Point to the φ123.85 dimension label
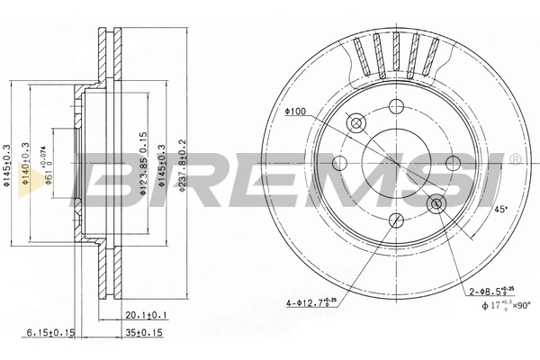point(142,167)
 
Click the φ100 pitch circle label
point(295,112)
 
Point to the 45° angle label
point(501,210)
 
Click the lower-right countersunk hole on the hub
point(437,204)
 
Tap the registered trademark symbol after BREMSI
point(514,159)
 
